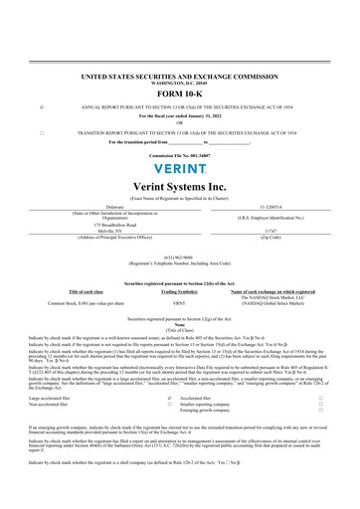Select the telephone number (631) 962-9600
click(180, 252)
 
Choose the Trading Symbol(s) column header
click(180, 290)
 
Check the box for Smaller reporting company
click(319, 374)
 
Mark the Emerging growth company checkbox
click(319, 381)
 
